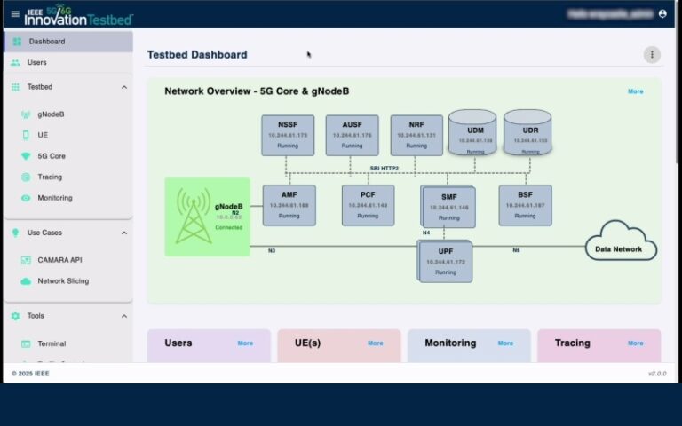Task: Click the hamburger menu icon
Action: click(14, 14)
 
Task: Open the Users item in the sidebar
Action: click(36, 63)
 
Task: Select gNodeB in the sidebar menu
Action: click(50, 114)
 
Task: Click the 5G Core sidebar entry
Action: click(51, 156)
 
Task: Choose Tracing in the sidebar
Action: click(50, 177)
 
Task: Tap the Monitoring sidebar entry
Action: click(54, 198)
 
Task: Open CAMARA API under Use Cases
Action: click(59, 260)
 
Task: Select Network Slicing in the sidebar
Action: click(62, 281)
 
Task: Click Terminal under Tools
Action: click(52, 343)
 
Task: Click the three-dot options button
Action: click(652, 55)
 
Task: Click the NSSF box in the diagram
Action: click(288, 135)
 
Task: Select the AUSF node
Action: click(352, 135)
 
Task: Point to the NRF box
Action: click(416, 135)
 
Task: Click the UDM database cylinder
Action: click(472, 134)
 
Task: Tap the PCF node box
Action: click(368, 205)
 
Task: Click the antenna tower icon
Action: click(193, 217)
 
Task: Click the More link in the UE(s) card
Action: click(375, 343)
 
